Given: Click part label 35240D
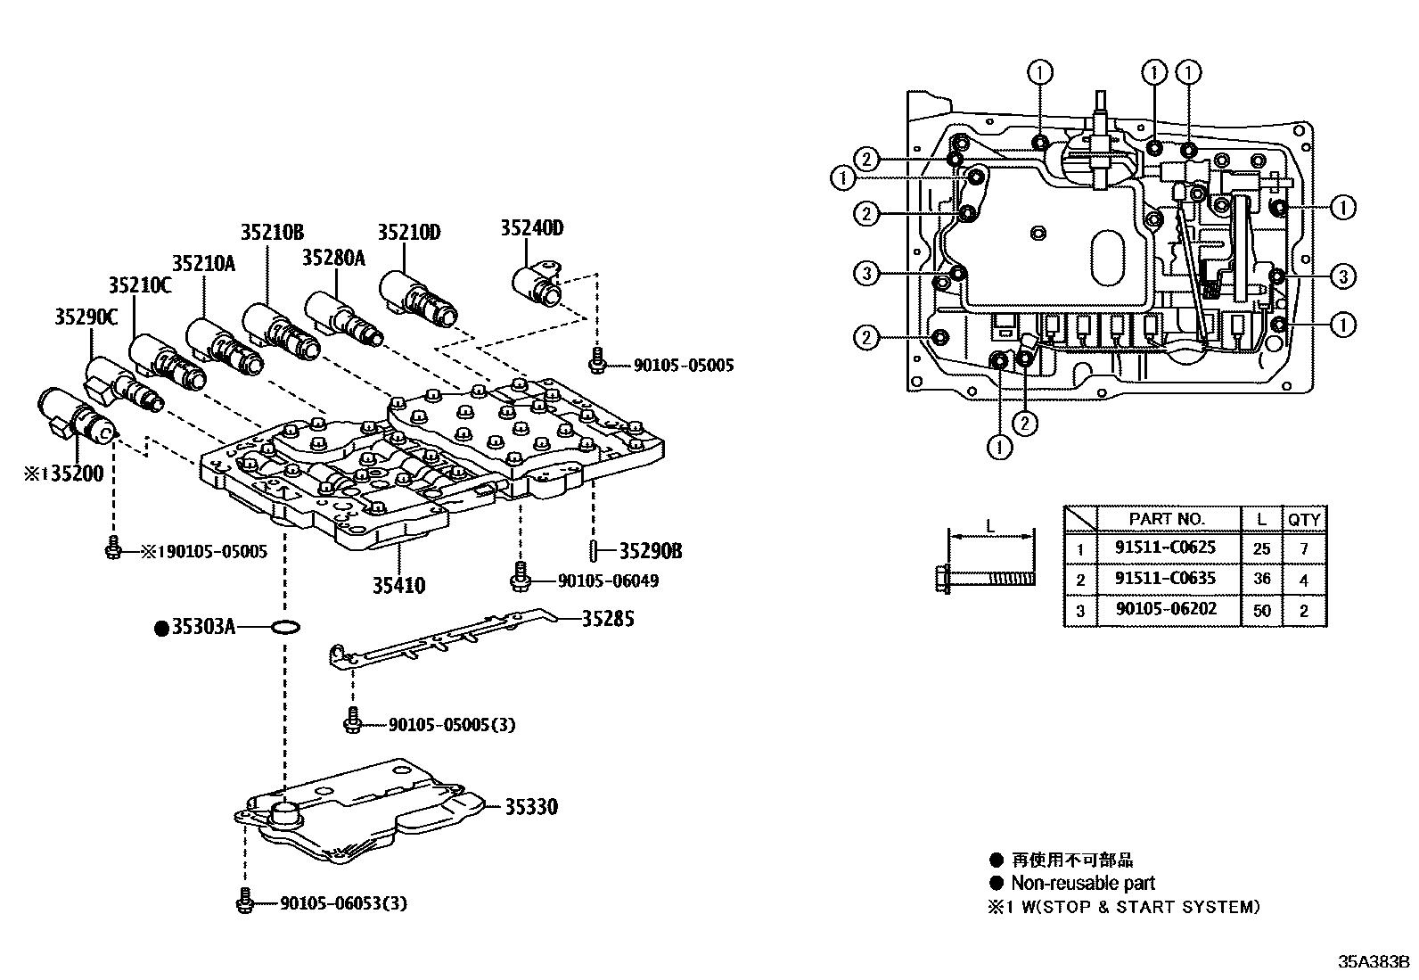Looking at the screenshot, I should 531,228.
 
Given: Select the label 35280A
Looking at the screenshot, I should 334,259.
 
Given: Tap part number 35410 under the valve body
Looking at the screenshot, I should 398,586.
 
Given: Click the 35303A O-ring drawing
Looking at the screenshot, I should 283,629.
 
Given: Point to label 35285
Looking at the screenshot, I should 608,619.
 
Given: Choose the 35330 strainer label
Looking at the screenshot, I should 531,807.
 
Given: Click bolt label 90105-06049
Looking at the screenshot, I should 608,581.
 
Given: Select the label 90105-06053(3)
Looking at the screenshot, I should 343,904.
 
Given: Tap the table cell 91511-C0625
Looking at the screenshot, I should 1165,548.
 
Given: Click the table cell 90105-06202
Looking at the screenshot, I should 1165,610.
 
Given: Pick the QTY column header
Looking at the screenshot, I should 1304,519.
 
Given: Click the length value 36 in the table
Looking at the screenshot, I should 1261,580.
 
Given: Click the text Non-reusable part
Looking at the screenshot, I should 1082,884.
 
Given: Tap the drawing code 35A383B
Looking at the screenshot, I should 1373,963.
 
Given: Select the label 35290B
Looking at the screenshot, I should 651,551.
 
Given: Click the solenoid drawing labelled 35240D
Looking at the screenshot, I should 537,280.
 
